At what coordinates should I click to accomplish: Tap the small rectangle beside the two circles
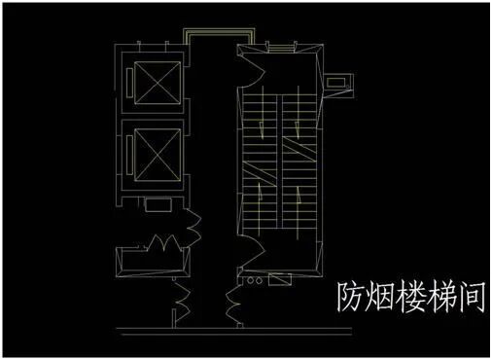point(279,282)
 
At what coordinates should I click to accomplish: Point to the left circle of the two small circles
point(250,282)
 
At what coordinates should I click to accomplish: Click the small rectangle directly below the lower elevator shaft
point(156,205)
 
